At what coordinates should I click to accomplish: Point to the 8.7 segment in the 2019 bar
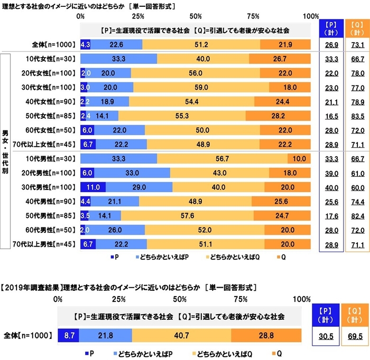(68, 335)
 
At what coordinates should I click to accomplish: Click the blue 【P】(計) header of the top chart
(329, 27)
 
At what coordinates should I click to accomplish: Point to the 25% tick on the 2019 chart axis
(118, 300)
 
